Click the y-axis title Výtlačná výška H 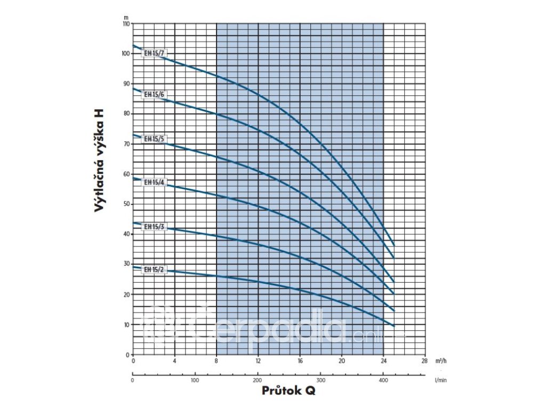click(x=99, y=161)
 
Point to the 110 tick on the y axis click(x=126, y=24)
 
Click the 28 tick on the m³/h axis click(x=424, y=361)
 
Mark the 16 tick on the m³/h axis click(x=300, y=361)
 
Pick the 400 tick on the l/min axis click(x=383, y=381)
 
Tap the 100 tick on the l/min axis click(x=195, y=381)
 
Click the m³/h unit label click(x=440, y=361)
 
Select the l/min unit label click(x=440, y=381)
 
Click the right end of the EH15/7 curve click(x=394, y=245)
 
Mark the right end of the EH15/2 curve click(x=394, y=325)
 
